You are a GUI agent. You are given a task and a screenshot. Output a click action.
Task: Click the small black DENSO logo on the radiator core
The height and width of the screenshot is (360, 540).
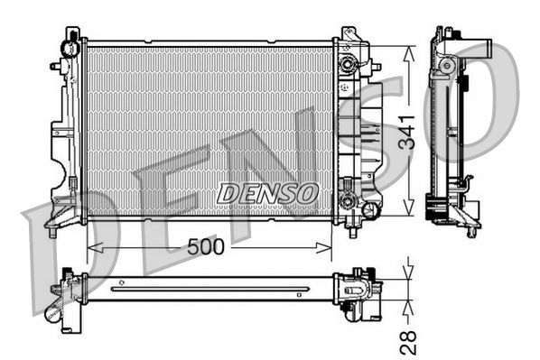(x=267, y=192)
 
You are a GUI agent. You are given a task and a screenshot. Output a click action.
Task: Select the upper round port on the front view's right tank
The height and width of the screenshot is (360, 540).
(x=347, y=64)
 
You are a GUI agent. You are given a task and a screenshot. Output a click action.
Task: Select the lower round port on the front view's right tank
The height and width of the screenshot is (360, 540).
(x=348, y=200)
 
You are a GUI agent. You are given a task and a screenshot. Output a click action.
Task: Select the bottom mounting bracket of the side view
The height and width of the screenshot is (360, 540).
(x=461, y=215)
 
